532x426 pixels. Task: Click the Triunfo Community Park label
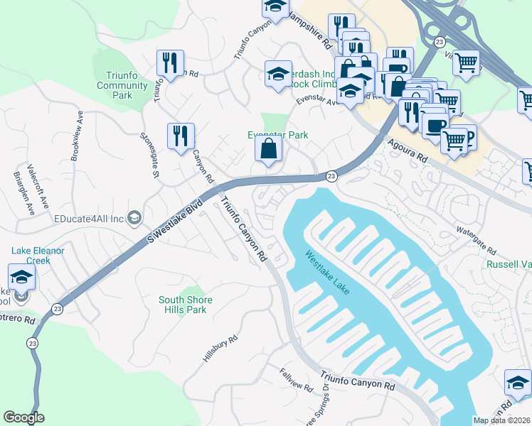point(122,85)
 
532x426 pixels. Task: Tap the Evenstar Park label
point(277,135)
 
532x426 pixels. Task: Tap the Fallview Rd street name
point(296,381)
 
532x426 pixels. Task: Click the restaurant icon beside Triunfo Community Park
point(170,63)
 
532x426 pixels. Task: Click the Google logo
point(23,417)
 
